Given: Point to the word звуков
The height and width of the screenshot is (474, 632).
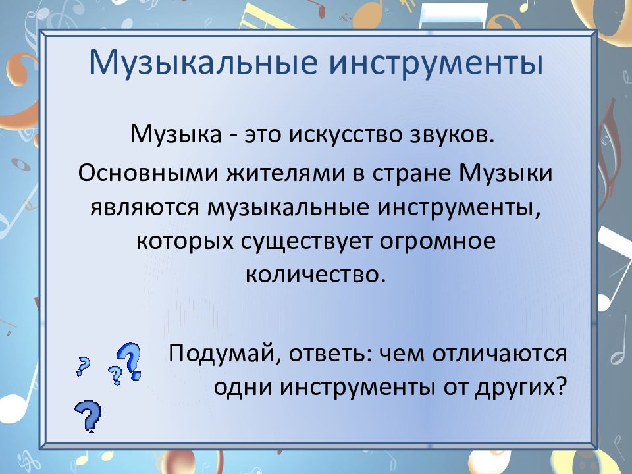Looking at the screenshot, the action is point(452,135).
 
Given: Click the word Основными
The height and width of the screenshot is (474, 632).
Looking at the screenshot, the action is point(148,173).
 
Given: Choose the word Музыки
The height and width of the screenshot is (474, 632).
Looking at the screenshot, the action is point(506,174).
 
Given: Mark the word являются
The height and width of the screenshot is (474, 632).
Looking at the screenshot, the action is point(145,209).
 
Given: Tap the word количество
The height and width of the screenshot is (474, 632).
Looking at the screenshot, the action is point(315,275).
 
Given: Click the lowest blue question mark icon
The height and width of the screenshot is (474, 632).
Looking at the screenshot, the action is point(88,416).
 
